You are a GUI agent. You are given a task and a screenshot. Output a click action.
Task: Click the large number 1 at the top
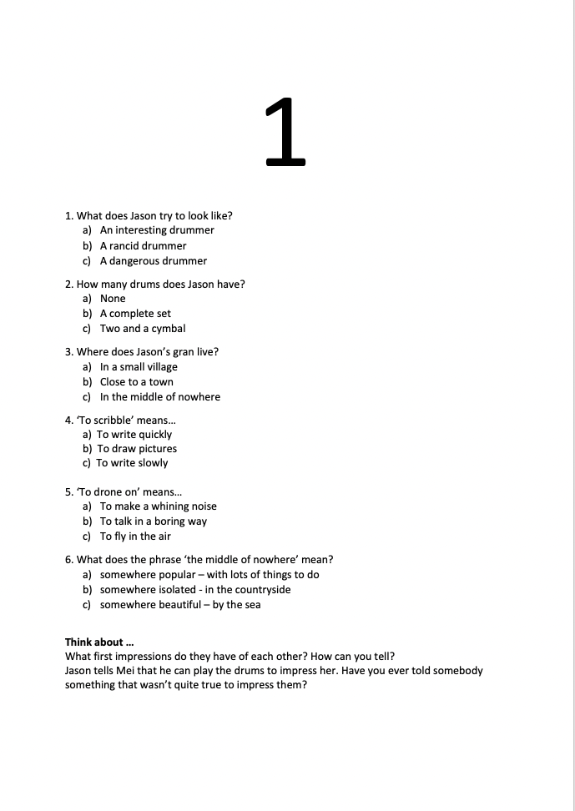click(x=285, y=132)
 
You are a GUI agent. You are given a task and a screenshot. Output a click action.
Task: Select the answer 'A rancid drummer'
click(x=143, y=246)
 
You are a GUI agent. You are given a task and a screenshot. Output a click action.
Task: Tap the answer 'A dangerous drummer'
click(x=153, y=261)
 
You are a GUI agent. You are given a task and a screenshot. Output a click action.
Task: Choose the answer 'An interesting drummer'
click(x=157, y=230)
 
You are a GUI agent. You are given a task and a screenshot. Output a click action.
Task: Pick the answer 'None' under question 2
click(x=113, y=299)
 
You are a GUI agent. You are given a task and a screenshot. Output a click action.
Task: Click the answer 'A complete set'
click(x=135, y=314)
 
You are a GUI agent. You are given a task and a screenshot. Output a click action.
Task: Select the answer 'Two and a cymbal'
click(x=143, y=329)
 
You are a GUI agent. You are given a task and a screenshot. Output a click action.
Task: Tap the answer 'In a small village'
click(x=139, y=367)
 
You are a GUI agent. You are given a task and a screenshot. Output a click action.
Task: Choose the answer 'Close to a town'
click(x=137, y=382)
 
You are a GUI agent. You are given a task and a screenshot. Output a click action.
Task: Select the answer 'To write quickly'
click(x=134, y=435)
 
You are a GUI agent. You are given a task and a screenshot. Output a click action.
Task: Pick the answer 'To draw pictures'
click(x=137, y=449)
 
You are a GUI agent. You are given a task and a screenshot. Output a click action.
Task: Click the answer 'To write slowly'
click(x=132, y=463)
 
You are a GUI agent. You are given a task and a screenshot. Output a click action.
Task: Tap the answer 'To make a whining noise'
click(x=158, y=506)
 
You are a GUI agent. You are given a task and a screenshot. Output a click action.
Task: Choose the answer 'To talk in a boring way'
click(x=154, y=521)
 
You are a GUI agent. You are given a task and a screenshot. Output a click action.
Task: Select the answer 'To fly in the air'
click(x=135, y=536)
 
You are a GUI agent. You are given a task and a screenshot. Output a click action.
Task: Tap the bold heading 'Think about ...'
click(x=99, y=642)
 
